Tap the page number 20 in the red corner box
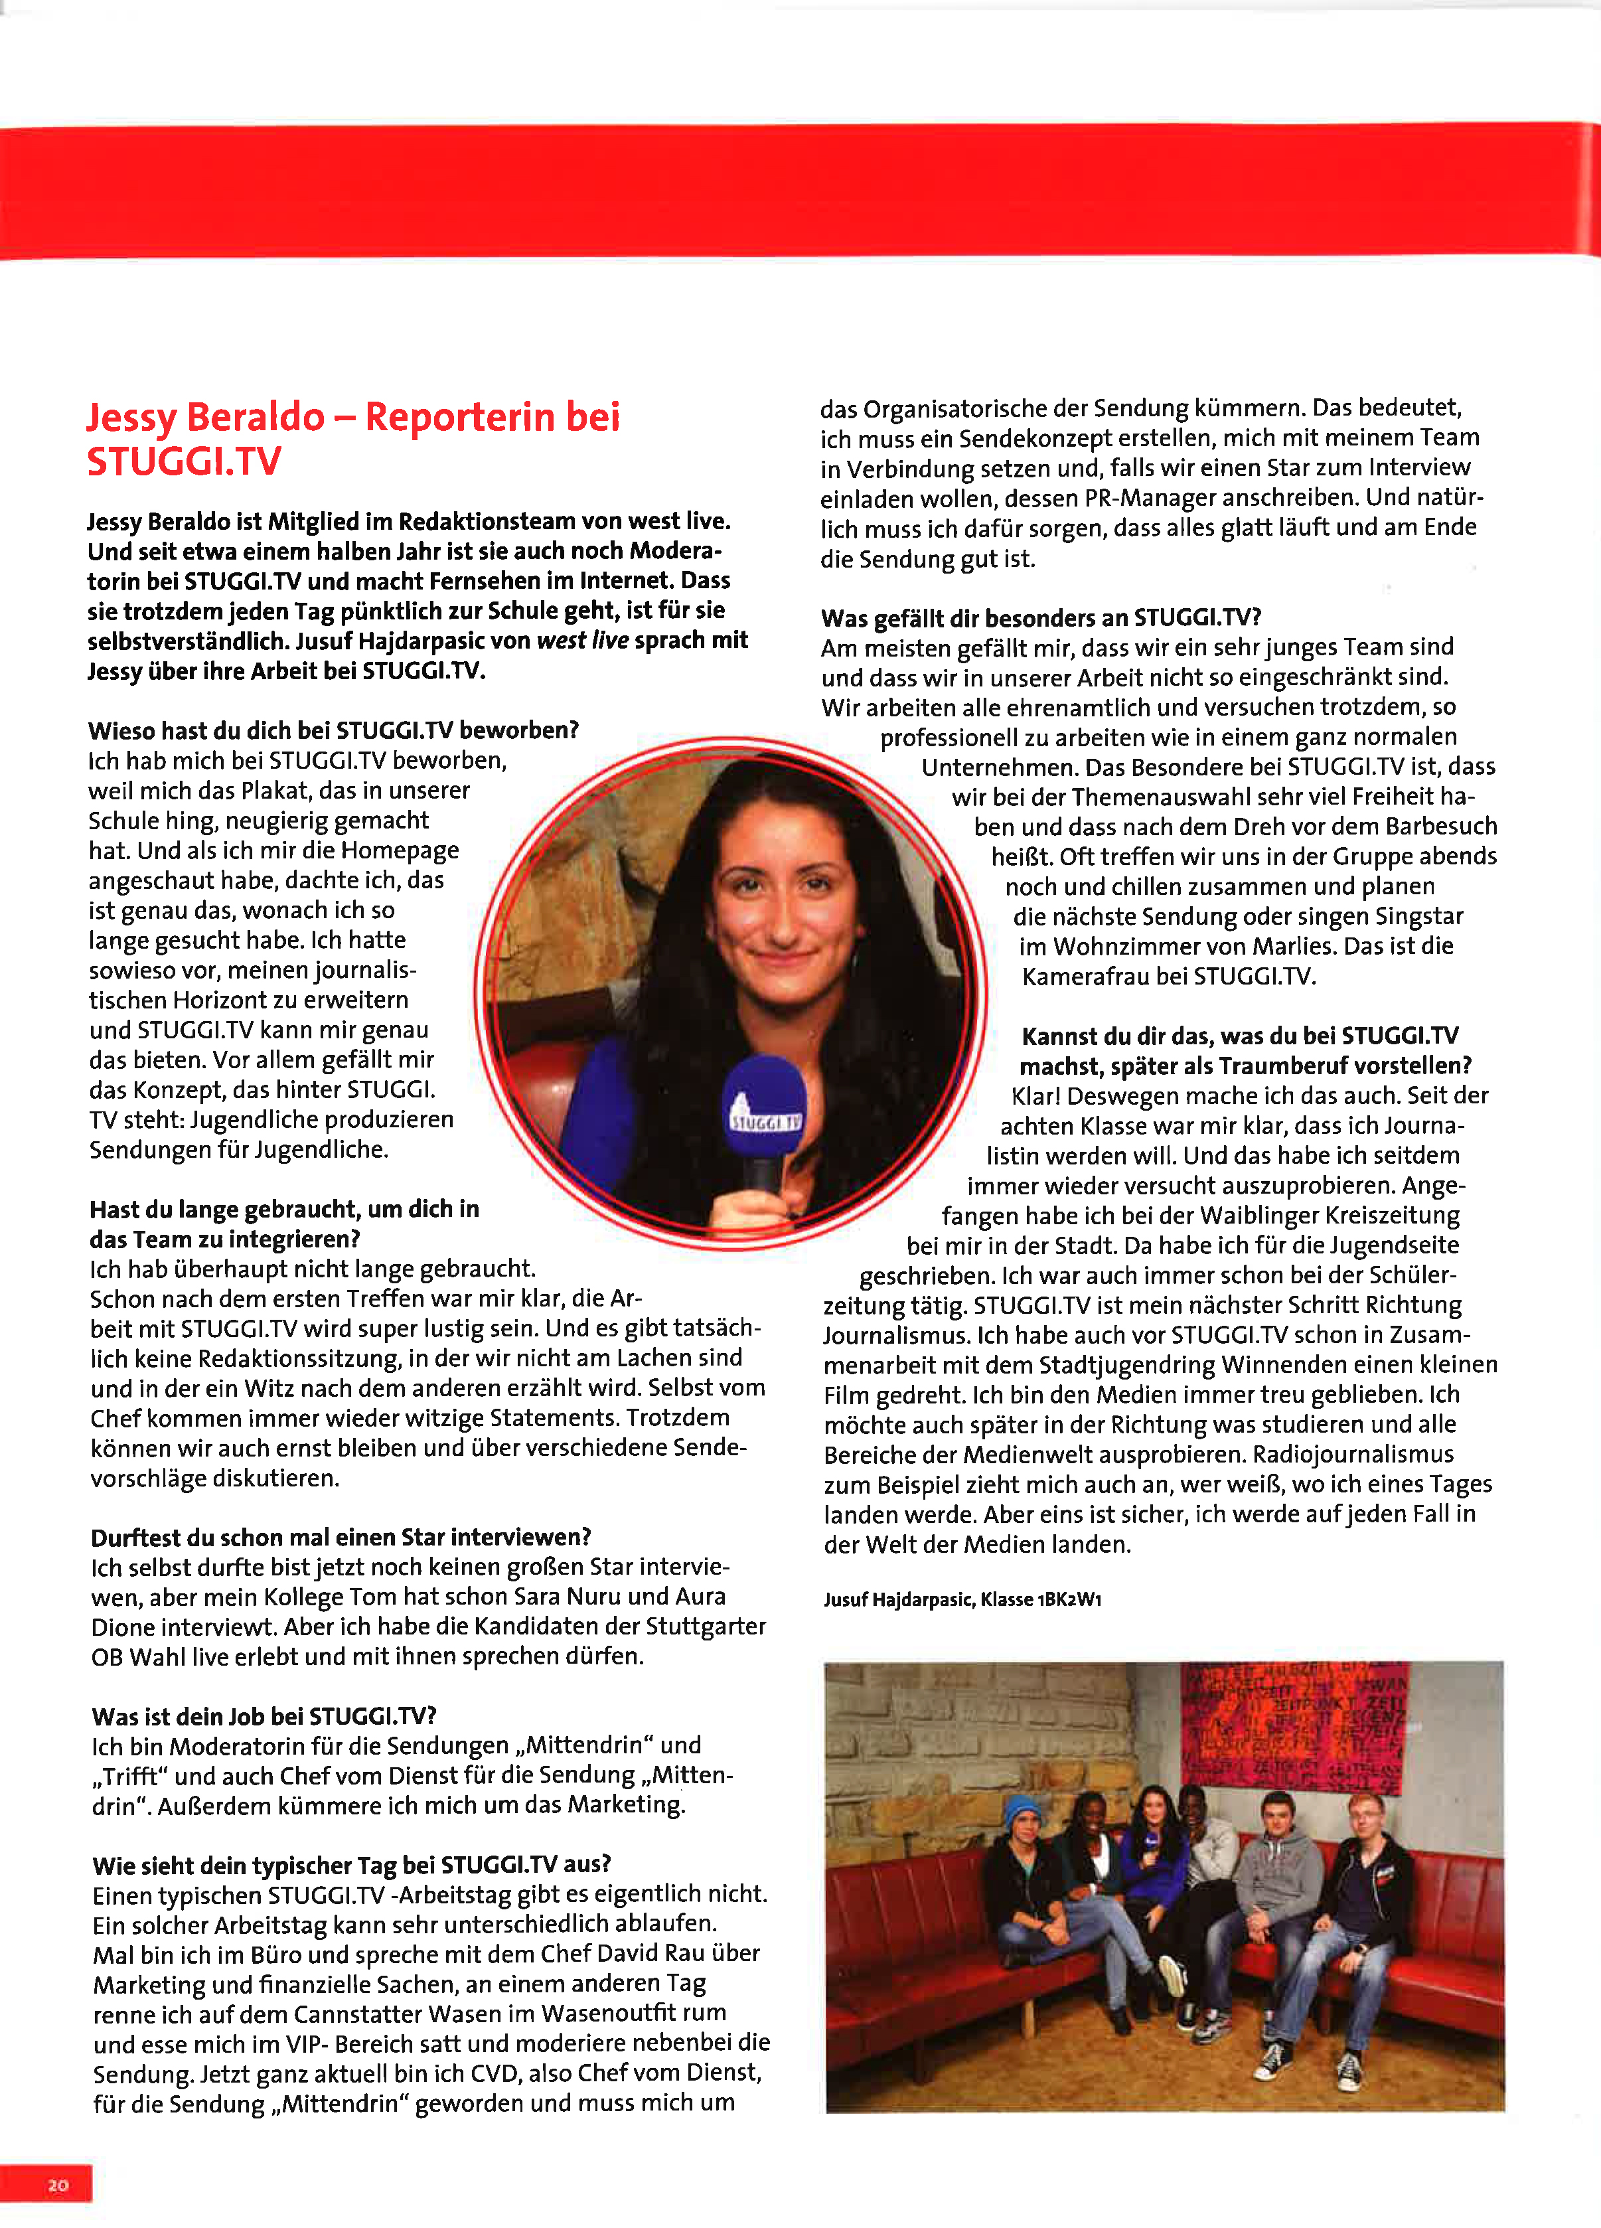(58, 2185)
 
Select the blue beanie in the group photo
(1024, 1808)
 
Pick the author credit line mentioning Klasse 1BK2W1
(962, 1599)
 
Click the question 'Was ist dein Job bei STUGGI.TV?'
(264, 1716)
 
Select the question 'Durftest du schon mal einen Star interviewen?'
(341, 1536)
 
